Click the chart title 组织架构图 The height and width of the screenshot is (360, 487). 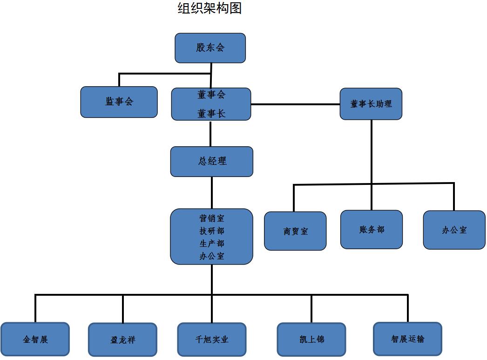click(x=210, y=8)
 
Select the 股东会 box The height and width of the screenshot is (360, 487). click(x=210, y=48)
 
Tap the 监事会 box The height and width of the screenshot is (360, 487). click(x=119, y=102)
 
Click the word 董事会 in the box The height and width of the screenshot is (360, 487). click(x=211, y=95)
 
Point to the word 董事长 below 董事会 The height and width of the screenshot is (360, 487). click(x=211, y=114)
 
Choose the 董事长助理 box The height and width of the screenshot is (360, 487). click(x=371, y=104)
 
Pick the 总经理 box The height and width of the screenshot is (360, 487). click(x=212, y=162)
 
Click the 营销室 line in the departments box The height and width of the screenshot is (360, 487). click(x=212, y=218)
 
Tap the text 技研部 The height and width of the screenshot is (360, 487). click(x=212, y=231)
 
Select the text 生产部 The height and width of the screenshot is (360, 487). click(x=212, y=244)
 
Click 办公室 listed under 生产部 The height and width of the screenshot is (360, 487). click(x=212, y=256)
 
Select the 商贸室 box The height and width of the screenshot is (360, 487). click(x=295, y=231)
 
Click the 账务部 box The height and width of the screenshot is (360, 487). click(x=372, y=230)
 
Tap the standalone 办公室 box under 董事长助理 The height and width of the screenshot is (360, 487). click(x=454, y=230)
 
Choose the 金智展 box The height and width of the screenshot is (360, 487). click(x=35, y=340)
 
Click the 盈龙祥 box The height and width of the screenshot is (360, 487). click(x=123, y=340)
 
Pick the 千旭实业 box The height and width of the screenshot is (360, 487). click(x=212, y=340)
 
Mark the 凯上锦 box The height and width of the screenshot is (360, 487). click(x=311, y=340)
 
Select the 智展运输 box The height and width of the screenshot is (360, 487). click(x=407, y=339)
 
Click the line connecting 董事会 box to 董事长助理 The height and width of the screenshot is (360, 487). click(x=295, y=104)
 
